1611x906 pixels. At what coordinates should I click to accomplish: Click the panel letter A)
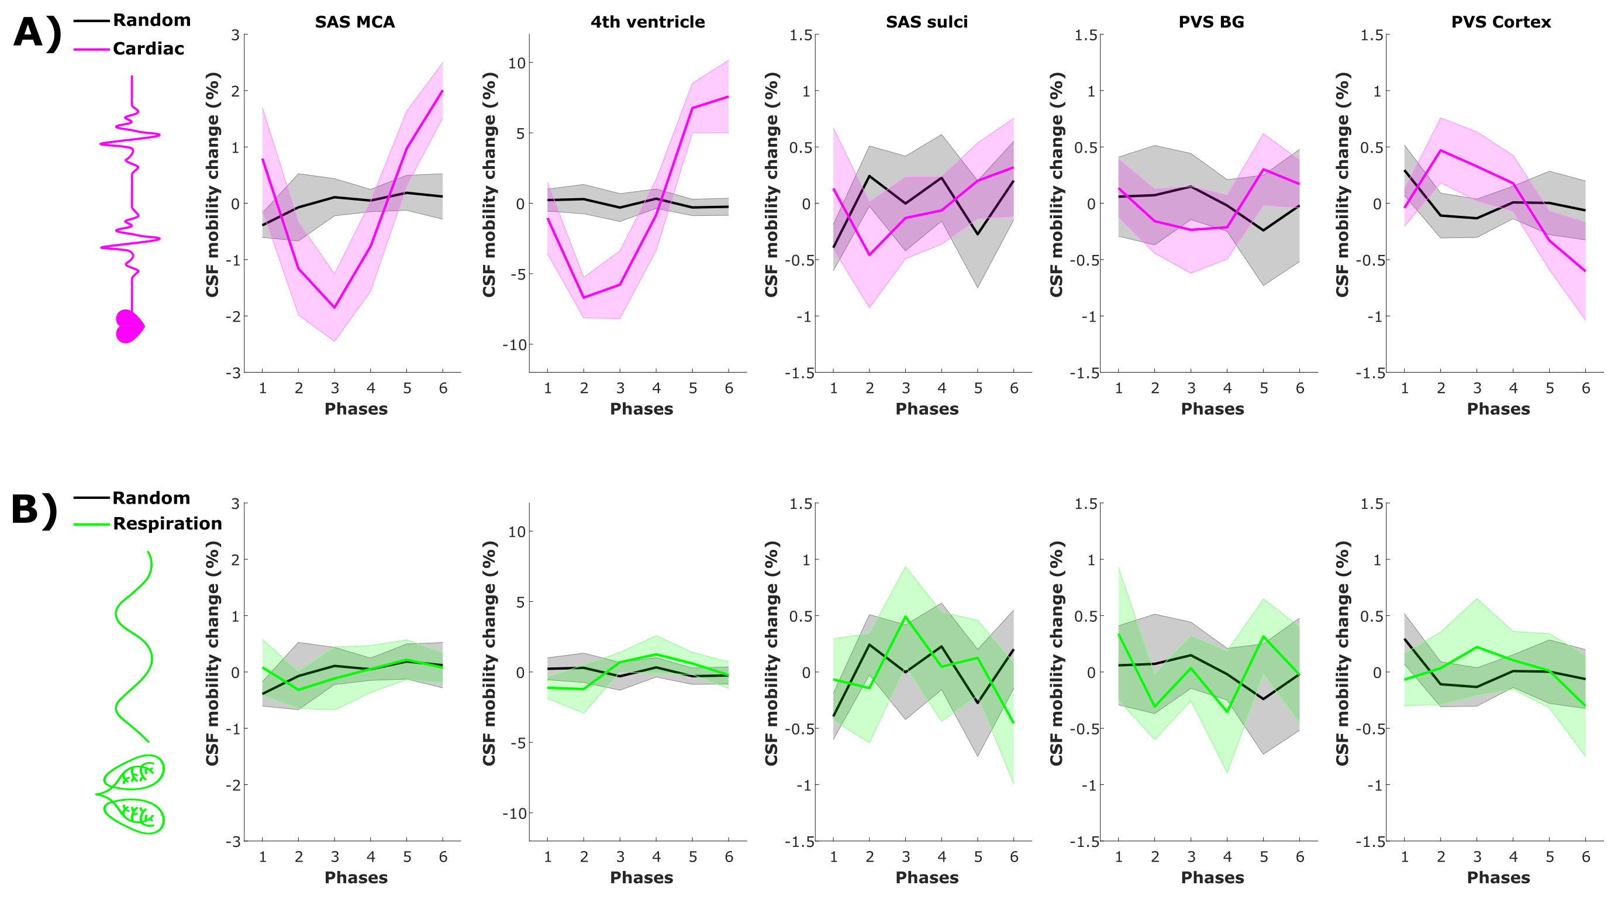click(36, 33)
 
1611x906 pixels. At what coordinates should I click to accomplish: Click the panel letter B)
click(35, 510)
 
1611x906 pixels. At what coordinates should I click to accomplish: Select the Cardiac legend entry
click(148, 49)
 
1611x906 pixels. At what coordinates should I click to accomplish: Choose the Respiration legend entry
click(167, 523)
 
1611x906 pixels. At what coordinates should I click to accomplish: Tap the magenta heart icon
click(129, 326)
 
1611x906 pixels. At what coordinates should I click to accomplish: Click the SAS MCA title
click(354, 22)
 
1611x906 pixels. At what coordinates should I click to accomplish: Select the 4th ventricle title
click(647, 22)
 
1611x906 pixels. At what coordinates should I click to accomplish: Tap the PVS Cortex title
click(1500, 22)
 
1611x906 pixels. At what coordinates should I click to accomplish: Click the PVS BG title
click(1211, 22)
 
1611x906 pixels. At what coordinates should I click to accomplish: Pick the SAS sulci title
click(926, 22)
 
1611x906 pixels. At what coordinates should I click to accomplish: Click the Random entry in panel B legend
click(151, 498)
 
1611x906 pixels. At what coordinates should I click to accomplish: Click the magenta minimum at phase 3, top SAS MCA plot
click(334, 307)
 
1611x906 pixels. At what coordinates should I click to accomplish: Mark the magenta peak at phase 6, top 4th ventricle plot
click(729, 97)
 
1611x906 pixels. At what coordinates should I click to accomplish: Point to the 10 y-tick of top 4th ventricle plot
click(516, 63)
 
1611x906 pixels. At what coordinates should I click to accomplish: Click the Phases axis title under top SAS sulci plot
click(926, 409)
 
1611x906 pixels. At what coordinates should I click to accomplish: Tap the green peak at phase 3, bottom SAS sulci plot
click(905, 616)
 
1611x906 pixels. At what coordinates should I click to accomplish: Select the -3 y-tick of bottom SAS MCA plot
click(233, 842)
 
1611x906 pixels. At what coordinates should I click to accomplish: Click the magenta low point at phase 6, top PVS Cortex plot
click(1585, 271)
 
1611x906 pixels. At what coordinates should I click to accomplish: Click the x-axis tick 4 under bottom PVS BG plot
click(1227, 856)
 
